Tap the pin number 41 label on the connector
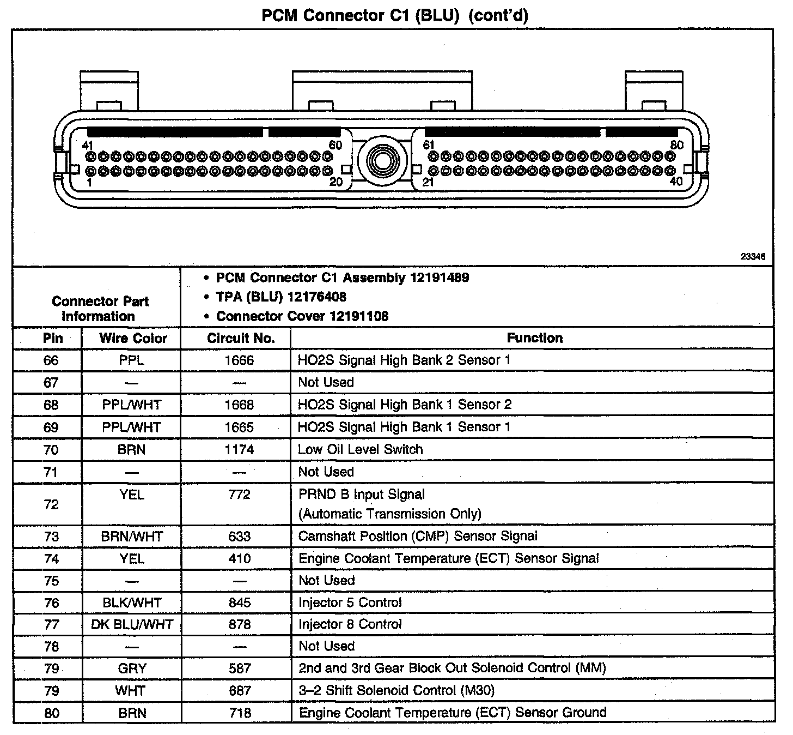point(88,145)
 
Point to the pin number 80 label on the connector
point(676,145)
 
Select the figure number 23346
point(753,256)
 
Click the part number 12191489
point(440,278)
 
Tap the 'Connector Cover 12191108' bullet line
point(302,316)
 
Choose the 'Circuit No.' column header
point(241,338)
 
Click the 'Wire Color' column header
point(133,338)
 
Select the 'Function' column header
point(534,338)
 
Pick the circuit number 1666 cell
point(240,360)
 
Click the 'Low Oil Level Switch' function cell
point(360,450)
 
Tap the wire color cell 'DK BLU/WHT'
point(132,625)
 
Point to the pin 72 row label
point(51,504)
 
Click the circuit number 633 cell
point(240,537)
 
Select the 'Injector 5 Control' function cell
point(350,603)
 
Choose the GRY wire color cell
point(132,668)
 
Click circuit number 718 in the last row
point(240,713)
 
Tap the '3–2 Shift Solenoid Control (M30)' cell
point(396,691)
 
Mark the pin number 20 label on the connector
point(336,182)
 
